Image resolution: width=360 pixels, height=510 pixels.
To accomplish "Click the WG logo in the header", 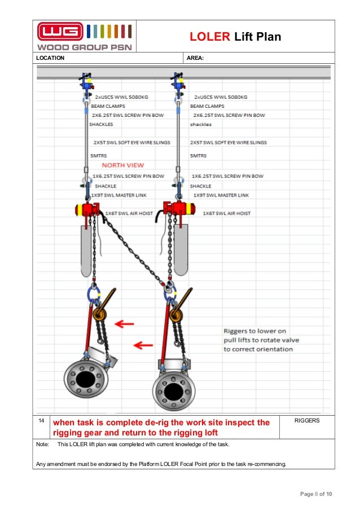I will pos(60,31).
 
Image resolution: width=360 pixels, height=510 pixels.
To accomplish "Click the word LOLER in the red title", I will pos(209,37).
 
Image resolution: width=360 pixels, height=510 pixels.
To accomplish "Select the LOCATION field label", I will pos(50,58).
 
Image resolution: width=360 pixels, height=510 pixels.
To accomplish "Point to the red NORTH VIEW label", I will pos(122,165).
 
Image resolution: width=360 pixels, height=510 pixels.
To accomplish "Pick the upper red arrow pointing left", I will pos(124,324).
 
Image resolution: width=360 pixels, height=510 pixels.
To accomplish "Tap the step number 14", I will pos(41,421).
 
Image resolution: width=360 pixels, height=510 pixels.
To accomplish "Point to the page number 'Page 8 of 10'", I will pos(315,494).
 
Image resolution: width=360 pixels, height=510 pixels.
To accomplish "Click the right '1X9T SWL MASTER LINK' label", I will pos(221,195).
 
